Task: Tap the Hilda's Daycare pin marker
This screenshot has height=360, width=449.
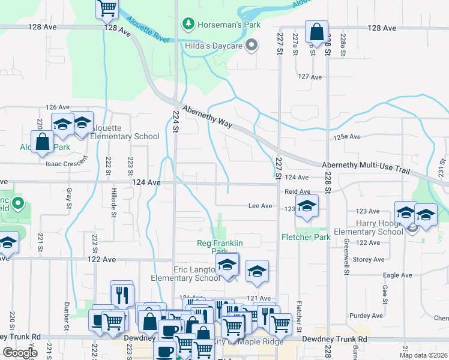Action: (x=252, y=46)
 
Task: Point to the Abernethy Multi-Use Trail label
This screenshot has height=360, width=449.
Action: (x=366, y=167)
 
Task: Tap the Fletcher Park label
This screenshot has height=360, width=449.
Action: (x=306, y=237)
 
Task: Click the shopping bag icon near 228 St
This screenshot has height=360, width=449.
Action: (x=316, y=32)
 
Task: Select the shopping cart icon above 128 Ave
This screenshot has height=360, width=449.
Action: (x=107, y=8)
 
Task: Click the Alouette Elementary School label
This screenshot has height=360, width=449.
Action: (x=125, y=136)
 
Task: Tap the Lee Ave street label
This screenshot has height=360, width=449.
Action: (x=261, y=206)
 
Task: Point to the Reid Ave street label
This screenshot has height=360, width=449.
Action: (x=297, y=191)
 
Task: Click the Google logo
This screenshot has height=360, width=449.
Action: (x=20, y=353)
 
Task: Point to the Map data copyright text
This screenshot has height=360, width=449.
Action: (x=423, y=355)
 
